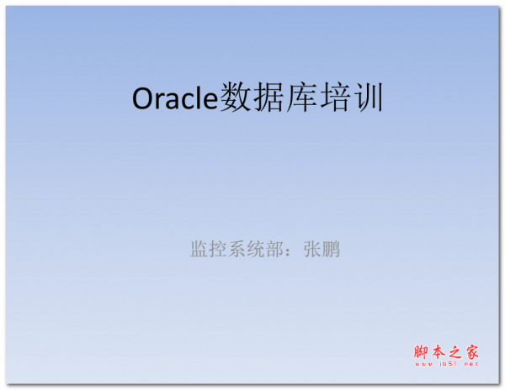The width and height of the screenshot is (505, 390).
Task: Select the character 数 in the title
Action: click(236, 98)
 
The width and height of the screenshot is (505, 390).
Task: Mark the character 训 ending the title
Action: click(369, 98)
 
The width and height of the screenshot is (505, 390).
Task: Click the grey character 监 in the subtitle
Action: click(199, 249)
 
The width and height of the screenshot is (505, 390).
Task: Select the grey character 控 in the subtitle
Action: click(219, 249)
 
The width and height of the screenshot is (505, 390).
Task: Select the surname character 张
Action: click(312, 249)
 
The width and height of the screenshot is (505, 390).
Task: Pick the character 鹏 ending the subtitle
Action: click(332, 249)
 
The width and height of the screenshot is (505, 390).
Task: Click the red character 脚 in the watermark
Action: click(423, 351)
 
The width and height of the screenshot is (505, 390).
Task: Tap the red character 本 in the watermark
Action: click(440, 351)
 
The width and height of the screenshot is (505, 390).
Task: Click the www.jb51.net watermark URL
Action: click(446, 365)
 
